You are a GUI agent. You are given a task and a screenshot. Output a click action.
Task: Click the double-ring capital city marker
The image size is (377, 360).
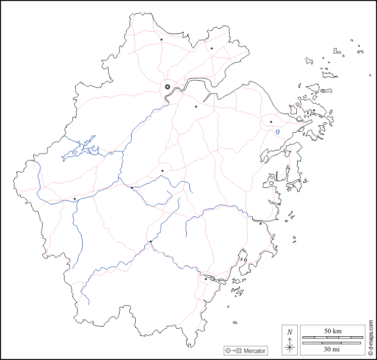(168, 87)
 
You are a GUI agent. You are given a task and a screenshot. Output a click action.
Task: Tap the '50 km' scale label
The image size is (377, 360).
(333, 331)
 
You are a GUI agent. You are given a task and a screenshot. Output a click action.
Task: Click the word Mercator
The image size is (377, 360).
(254, 350)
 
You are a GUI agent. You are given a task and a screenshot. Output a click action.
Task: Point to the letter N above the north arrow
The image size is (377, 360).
(289, 332)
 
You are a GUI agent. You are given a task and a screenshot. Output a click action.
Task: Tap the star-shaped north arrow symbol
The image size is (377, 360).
(289, 346)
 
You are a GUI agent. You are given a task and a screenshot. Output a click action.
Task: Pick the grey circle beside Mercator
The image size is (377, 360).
(228, 350)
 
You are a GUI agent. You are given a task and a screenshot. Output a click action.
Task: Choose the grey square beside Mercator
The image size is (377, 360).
(240, 350)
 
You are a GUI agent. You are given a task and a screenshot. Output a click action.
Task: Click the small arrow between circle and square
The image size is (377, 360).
(234, 350)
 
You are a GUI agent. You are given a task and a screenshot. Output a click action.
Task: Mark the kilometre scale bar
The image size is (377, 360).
(332, 337)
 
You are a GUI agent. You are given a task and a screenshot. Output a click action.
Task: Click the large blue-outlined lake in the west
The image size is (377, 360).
(81, 149)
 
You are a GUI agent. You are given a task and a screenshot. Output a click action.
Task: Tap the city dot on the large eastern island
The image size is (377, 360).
(313, 110)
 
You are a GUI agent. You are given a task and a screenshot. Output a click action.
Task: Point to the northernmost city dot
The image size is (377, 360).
(161, 39)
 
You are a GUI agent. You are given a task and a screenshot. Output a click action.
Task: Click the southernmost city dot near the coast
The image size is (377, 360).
(205, 279)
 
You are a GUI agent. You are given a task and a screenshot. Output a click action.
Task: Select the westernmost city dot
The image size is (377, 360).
(75, 199)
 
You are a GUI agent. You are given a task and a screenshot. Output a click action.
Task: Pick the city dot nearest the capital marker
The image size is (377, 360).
(196, 107)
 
